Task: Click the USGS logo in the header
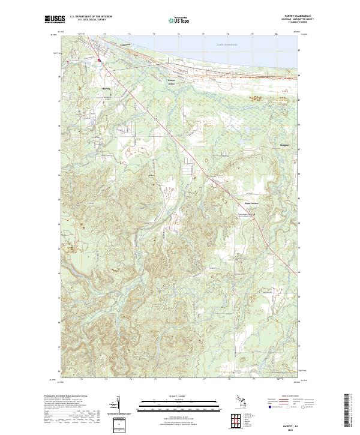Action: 55,19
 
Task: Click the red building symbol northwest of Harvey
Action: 100,59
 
